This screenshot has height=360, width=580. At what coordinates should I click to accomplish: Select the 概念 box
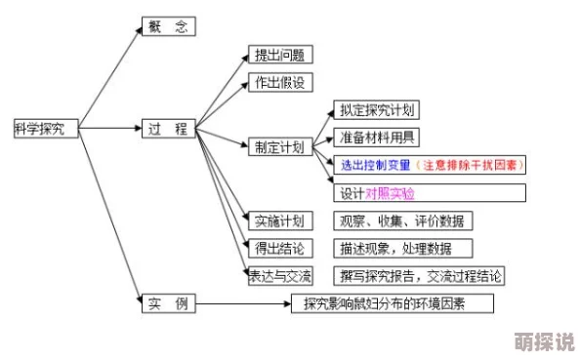point(169,29)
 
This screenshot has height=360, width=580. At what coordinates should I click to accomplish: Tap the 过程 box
point(168,128)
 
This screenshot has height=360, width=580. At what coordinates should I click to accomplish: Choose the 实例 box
point(168,303)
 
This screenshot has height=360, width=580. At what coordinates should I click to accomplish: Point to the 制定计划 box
point(279,146)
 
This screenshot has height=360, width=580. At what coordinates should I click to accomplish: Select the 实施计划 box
point(279,220)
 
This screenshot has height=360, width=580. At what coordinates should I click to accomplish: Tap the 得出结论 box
point(279,248)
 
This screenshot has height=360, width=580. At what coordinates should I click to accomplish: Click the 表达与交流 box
point(279,275)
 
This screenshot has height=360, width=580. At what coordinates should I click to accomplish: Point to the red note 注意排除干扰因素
point(470,165)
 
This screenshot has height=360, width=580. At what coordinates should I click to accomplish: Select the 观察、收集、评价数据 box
point(401,220)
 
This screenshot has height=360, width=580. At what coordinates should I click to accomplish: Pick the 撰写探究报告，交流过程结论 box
point(420,275)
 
